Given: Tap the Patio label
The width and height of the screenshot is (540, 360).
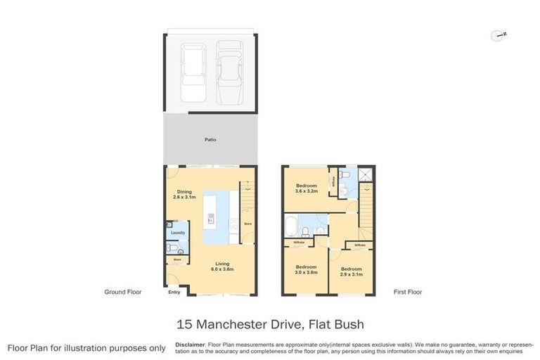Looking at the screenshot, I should [210, 139].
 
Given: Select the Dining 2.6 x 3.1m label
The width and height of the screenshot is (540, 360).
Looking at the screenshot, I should [184, 195].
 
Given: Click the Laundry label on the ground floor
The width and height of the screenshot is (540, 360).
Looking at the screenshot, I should [176, 232].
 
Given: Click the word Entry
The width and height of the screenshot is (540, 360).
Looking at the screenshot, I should [173, 292].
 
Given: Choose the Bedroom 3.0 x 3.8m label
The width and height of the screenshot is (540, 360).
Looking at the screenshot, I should [306, 269].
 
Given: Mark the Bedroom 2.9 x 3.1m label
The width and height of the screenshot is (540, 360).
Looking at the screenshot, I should [352, 271].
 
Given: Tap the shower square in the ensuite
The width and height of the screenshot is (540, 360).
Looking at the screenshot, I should [366, 176].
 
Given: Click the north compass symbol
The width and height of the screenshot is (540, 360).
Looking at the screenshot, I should [499, 34].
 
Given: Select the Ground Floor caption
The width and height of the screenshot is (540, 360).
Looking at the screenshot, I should [122, 292].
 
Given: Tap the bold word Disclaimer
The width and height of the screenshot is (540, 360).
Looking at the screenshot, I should [191, 345].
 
